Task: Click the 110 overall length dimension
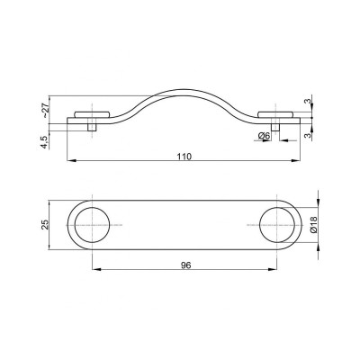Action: coord(184,155)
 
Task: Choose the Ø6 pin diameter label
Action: coord(264,136)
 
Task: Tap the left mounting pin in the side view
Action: coord(93,127)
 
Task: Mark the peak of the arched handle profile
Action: coord(184,90)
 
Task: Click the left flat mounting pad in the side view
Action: coord(93,114)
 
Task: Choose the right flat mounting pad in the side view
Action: coord(276,114)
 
